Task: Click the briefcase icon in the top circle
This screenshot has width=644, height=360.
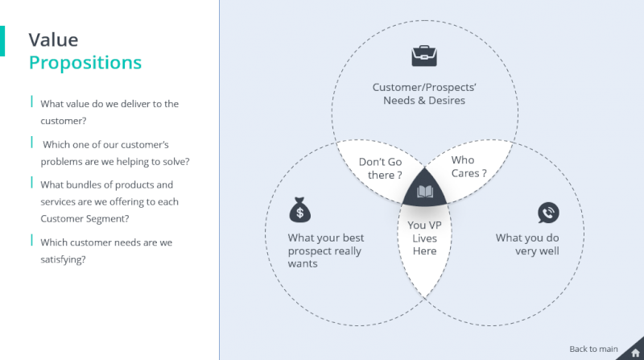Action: coord(424,56)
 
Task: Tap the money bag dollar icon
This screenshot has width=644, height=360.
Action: coord(299,211)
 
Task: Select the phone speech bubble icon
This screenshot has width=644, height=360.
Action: coord(548,213)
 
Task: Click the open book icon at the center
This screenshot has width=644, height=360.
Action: coord(425,192)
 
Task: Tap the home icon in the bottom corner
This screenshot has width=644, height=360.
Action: coord(635,352)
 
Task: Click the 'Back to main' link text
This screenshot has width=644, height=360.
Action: coord(593,349)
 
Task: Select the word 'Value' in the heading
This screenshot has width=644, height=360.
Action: coord(53,39)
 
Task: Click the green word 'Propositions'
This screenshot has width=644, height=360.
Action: coord(85,62)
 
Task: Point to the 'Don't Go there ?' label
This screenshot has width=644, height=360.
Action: coord(380,168)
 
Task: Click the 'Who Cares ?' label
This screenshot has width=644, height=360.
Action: coord(469,167)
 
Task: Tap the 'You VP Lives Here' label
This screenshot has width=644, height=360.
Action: coord(424,238)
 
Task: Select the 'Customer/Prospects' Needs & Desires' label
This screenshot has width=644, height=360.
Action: coord(424,94)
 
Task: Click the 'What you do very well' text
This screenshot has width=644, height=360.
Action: coord(527,244)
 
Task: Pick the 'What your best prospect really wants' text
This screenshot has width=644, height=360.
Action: coord(325,250)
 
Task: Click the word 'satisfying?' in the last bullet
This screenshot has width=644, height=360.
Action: coord(63,259)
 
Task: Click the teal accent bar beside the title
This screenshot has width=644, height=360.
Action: coord(2,41)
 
